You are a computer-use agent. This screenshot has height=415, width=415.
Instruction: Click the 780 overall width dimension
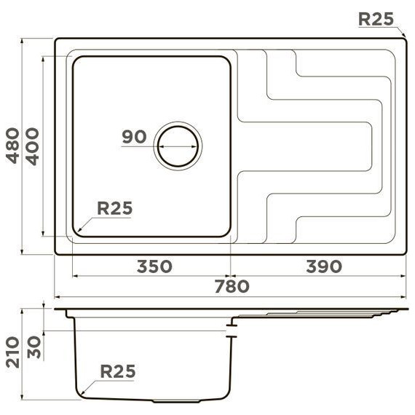(x=232, y=286)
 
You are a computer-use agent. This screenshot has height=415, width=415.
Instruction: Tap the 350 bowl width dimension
(x=154, y=266)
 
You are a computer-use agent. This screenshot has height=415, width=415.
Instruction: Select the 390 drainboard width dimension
(x=324, y=266)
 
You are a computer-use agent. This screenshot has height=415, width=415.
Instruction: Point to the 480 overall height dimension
(x=12, y=146)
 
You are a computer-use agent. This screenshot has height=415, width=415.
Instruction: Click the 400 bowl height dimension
(x=32, y=146)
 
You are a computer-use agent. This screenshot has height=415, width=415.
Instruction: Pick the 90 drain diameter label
(x=134, y=137)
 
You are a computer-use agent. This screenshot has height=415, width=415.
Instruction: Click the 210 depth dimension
(x=12, y=352)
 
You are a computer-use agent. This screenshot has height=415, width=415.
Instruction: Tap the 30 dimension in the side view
(x=34, y=347)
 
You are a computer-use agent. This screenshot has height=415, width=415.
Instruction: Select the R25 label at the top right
(x=376, y=19)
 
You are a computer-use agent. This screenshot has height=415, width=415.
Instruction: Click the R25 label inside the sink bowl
(x=114, y=208)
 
